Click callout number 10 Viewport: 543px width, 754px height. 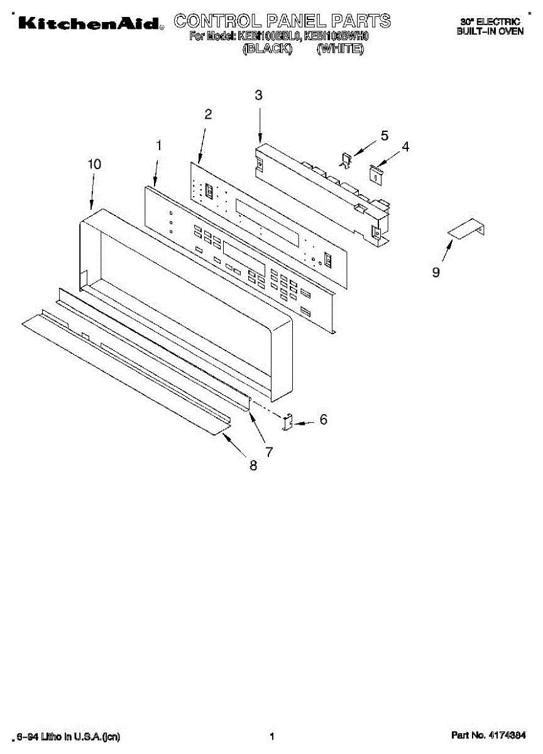[94, 164]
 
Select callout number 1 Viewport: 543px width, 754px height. [159, 145]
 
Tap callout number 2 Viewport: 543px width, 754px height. [208, 114]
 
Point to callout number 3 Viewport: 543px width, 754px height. [259, 96]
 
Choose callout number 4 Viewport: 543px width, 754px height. [405, 146]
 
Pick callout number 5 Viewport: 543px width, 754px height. [385, 135]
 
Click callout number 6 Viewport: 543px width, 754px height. [324, 419]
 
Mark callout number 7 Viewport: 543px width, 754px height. [269, 451]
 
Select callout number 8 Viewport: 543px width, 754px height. [253, 466]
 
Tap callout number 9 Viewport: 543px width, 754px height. [436, 272]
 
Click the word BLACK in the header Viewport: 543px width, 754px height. [268, 48]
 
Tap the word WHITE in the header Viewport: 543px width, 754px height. [341, 48]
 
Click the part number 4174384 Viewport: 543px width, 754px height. [506, 735]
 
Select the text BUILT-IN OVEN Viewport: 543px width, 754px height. [490, 31]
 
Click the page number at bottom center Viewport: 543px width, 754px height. [271, 736]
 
